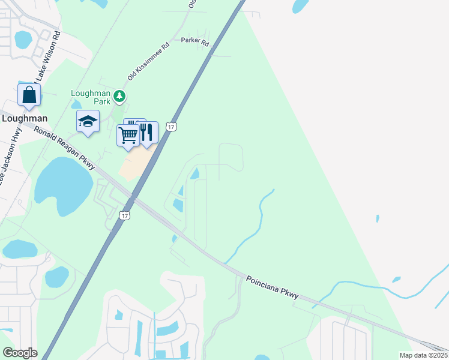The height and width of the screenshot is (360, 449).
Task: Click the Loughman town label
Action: click(x=25, y=118)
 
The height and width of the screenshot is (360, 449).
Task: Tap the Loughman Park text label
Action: click(x=91, y=97)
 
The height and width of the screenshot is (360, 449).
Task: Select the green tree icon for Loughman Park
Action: click(x=120, y=95)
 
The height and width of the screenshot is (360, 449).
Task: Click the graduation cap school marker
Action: click(x=88, y=122)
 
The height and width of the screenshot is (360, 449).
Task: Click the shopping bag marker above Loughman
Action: click(x=29, y=95)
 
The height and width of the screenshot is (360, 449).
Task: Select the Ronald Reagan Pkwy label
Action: click(x=64, y=148)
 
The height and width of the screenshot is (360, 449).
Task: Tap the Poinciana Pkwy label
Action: click(x=271, y=286)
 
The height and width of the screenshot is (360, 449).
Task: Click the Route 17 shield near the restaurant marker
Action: click(x=172, y=127)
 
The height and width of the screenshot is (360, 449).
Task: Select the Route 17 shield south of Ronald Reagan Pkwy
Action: click(x=124, y=215)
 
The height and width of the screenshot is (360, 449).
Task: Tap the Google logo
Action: click(x=20, y=353)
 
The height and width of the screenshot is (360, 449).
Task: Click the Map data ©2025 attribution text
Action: click(x=423, y=355)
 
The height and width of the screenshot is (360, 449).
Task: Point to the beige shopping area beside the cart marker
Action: click(x=136, y=163)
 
